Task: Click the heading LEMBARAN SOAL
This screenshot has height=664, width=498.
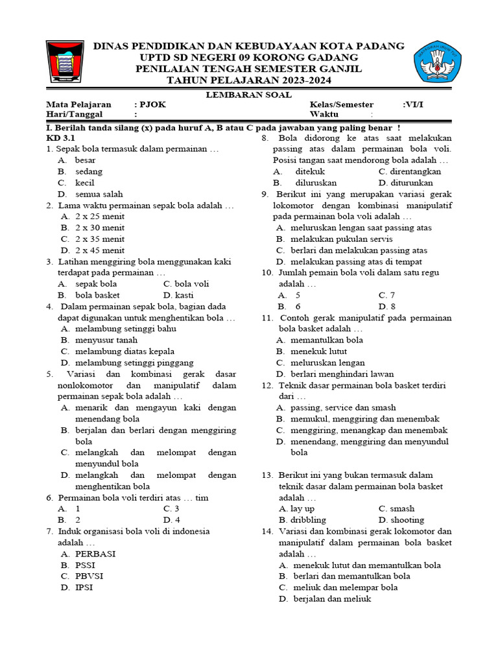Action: pyautogui.click(x=248, y=94)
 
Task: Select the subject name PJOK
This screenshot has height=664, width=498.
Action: pyautogui.click(x=148, y=104)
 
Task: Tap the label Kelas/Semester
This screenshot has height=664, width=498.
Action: pyautogui.click(x=341, y=104)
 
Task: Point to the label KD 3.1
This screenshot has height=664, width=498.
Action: pyautogui.click(x=61, y=138)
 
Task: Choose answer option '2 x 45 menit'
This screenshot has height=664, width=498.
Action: pyautogui.click(x=100, y=250)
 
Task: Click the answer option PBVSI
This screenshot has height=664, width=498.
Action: pyautogui.click(x=89, y=576)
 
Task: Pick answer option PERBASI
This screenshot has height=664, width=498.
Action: pyautogui.click(x=95, y=554)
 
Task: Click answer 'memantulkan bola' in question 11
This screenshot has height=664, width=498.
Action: pyautogui.click(x=327, y=340)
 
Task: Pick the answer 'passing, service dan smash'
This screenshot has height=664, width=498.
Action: pyautogui.click(x=343, y=407)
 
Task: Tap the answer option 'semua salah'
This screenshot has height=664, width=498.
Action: pyautogui.click(x=99, y=194)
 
